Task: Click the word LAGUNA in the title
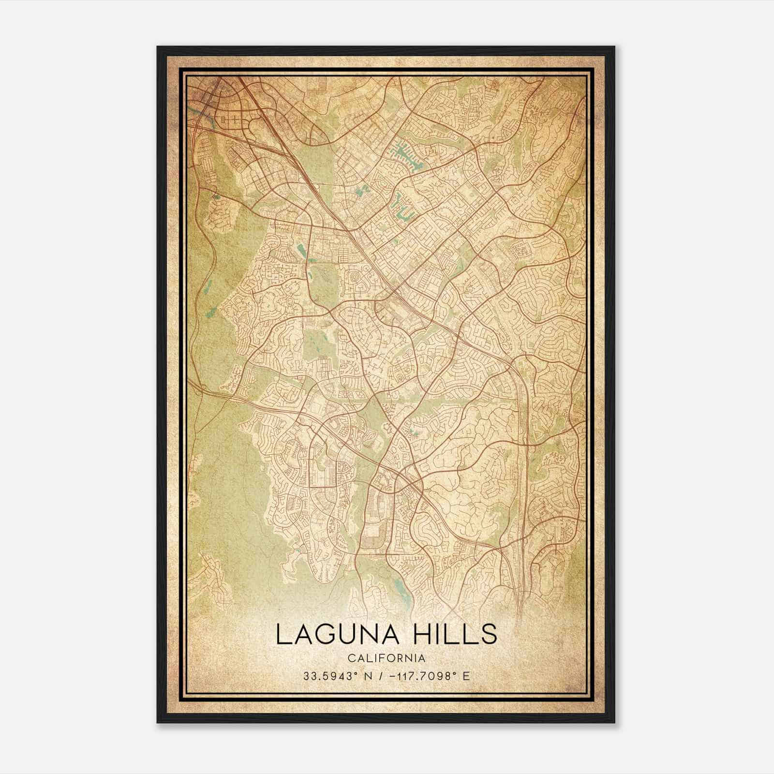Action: coord(337,635)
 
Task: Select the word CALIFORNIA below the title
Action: coord(386,658)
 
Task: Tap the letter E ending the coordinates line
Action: coord(466,676)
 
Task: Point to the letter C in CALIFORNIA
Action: coord(349,658)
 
